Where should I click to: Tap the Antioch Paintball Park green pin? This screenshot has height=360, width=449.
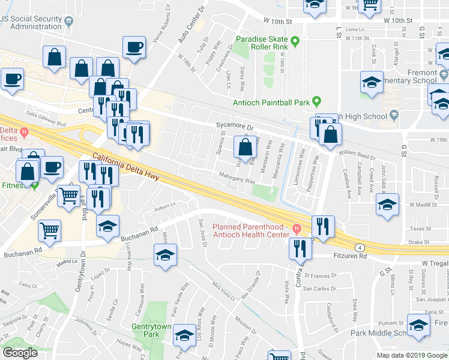point(317,101)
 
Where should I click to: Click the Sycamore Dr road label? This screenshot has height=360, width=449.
point(235,127)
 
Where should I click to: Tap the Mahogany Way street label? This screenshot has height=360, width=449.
point(228,178)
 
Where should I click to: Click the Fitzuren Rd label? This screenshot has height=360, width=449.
point(349,256)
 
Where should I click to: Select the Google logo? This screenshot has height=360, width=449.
point(20,353)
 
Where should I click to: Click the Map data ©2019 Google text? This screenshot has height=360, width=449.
point(412,355)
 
